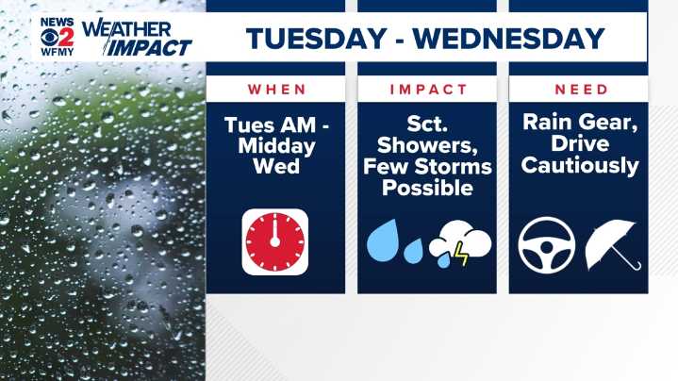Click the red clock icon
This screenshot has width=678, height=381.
274,241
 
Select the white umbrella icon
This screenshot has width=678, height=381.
612,243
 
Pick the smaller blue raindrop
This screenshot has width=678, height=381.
412,251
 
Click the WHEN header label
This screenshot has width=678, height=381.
276,90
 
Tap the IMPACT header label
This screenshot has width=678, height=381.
428,90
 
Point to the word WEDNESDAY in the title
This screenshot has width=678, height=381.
509,39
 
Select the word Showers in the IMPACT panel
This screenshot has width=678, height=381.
428,146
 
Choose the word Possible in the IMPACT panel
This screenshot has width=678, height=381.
428,188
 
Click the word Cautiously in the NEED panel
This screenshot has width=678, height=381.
579,166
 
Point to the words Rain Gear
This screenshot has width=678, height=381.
579,123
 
